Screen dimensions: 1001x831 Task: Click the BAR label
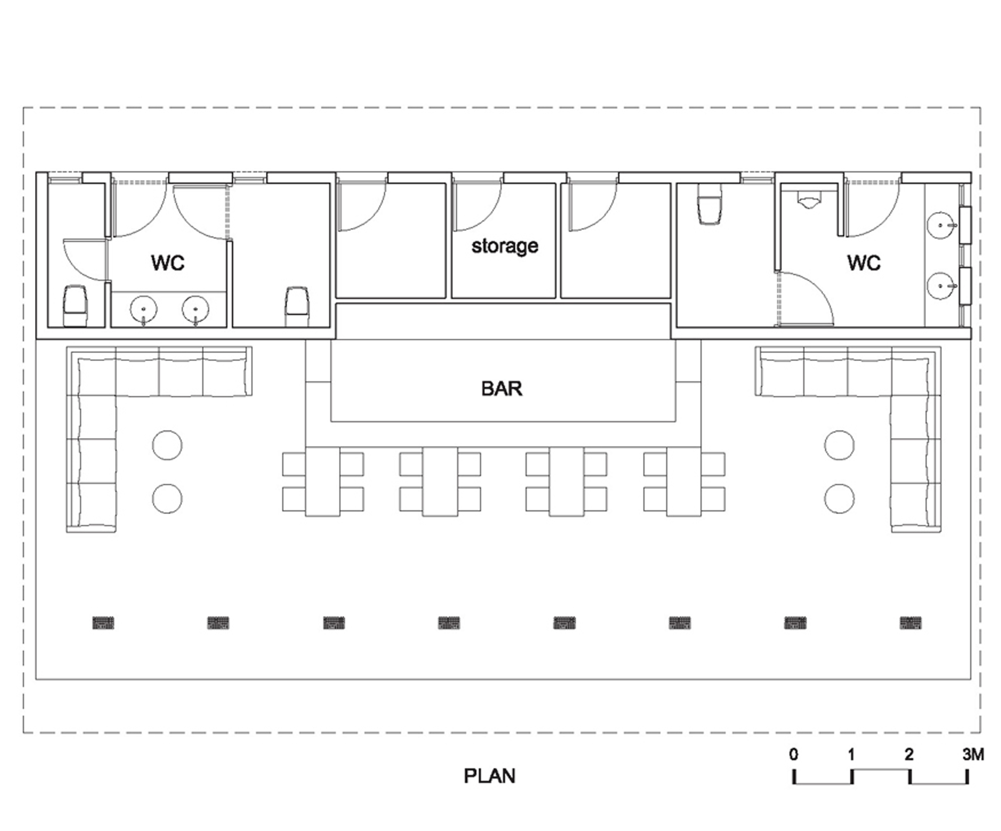coord(502,388)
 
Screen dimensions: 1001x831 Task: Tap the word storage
coord(505,246)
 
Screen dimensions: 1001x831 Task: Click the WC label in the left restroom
coord(168,262)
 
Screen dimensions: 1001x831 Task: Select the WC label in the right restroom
coord(864,262)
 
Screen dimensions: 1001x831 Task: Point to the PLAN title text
coord(489,775)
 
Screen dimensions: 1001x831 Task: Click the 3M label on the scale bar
coord(973,754)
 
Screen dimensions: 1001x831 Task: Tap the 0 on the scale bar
coord(794,754)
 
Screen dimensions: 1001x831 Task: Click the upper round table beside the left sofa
coord(167,445)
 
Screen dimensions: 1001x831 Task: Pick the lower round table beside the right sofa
coord(839,498)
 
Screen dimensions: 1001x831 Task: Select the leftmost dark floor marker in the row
coord(103,622)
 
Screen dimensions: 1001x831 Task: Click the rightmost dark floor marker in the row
coord(910,622)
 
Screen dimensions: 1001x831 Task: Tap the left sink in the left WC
coord(144,310)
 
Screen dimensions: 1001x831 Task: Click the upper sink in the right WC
coord(941,225)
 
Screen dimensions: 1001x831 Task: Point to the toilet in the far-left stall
coord(76,305)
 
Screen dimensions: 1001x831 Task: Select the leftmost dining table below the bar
coord(323,481)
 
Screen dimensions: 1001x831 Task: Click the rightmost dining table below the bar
coord(684,481)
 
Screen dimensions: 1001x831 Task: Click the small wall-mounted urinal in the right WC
coord(809,200)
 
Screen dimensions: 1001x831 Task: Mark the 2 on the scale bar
coord(909,754)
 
